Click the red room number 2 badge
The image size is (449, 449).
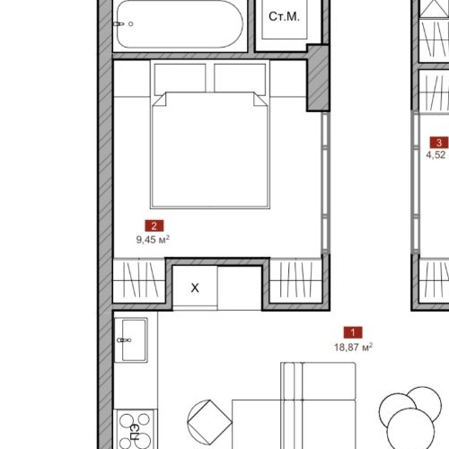[x=154, y=225]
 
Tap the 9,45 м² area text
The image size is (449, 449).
[x=153, y=240]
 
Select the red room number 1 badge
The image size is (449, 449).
[x=353, y=332]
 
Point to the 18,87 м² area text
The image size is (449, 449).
[x=353, y=348]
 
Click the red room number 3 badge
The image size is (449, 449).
[x=439, y=143]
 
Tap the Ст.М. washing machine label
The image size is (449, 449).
[x=284, y=17]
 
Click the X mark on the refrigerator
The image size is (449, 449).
[x=195, y=288]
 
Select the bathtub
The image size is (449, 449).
[x=180, y=24]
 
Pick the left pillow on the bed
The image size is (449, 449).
[x=180, y=78]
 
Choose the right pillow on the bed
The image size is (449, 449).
[x=240, y=78]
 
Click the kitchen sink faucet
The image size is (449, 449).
[x=124, y=340]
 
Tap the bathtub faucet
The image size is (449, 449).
[x=119, y=24]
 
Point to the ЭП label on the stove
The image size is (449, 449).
[x=135, y=431]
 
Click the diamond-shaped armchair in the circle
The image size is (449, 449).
[x=209, y=422]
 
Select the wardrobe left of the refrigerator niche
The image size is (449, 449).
[x=139, y=280]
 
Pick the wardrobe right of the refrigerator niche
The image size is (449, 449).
[x=295, y=280]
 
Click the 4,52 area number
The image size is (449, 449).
[x=436, y=155]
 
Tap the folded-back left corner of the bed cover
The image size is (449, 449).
[x=159, y=100]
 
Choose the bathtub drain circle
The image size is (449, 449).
[x=131, y=24]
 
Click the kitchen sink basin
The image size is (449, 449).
[x=134, y=340]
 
